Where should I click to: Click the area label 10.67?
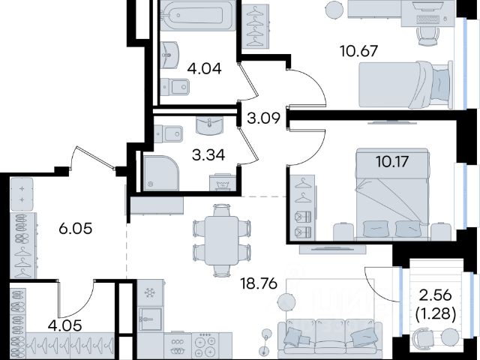(358, 51)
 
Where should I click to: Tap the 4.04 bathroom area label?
(204, 69)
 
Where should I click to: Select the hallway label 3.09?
(263, 118)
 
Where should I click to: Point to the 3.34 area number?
(208, 155)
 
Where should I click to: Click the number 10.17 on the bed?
(392, 162)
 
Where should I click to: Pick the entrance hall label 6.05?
(75, 229)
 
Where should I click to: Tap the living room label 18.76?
(259, 283)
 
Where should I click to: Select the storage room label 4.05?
(65, 325)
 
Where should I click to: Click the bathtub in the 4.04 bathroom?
(198, 15)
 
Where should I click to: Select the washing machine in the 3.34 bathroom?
(223, 183)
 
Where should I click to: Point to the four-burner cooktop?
(205, 346)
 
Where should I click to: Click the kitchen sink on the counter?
(150, 319)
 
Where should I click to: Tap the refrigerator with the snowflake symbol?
(150, 292)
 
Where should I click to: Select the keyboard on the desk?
(428, 19)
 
